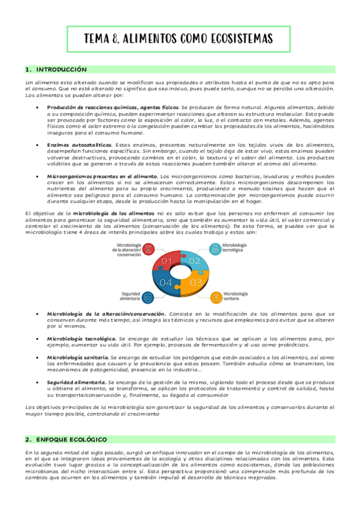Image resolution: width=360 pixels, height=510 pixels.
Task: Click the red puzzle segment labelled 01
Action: [x=166, y=260]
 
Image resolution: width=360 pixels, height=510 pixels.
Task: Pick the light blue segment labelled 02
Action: [x=194, y=261]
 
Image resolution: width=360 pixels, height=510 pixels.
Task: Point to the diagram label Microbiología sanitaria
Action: [x=237, y=296]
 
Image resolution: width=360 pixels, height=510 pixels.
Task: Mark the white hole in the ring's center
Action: [x=180, y=272]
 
